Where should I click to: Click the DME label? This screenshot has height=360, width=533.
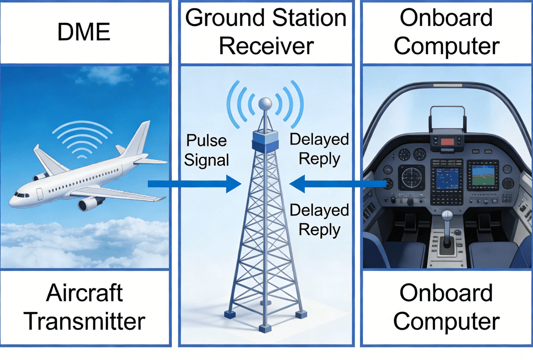(x=84, y=32)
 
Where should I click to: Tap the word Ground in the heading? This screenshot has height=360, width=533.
(x=225, y=18)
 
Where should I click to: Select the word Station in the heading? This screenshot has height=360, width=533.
(x=310, y=18)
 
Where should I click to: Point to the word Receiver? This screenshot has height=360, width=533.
(x=266, y=46)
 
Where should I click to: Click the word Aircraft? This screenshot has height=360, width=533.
(x=84, y=293)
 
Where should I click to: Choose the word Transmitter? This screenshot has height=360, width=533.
(x=84, y=321)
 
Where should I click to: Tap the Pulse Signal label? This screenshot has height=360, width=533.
(x=206, y=150)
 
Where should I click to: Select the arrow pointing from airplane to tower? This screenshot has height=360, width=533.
(x=195, y=184)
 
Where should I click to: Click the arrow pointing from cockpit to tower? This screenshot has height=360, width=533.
(x=338, y=184)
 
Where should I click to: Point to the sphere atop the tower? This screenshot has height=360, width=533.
(x=265, y=104)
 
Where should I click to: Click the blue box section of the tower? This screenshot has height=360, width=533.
(x=265, y=142)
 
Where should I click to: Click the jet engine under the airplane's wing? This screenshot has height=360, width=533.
(x=91, y=204)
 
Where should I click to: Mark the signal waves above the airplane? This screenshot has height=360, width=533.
(x=82, y=139)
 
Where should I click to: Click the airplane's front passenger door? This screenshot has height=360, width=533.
(x=40, y=194)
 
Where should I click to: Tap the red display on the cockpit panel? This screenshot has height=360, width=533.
(x=447, y=142)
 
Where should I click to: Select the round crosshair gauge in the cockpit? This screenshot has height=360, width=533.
(x=411, y=177)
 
